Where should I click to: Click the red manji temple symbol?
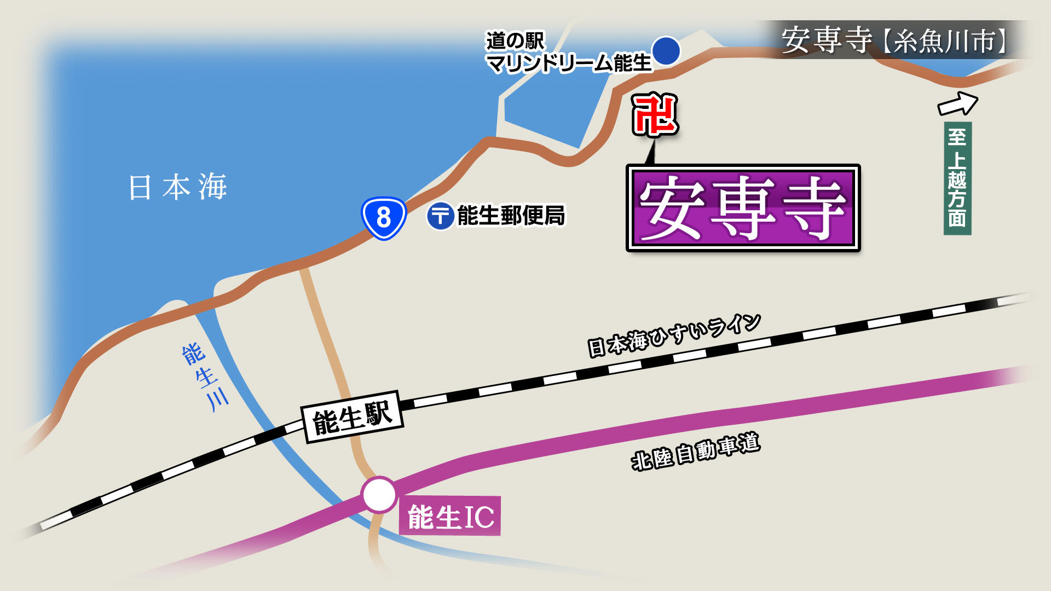655,114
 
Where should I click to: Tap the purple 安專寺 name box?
743,208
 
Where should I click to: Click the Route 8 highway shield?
384,218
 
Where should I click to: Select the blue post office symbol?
440,216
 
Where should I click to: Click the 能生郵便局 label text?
511,216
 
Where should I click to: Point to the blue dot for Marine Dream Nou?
666,51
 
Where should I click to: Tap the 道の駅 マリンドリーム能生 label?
568,52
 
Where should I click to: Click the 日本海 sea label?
178,187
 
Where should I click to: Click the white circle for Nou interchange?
379,495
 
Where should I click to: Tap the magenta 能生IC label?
450,516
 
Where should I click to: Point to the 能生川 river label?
205,376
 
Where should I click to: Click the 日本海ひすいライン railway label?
674,335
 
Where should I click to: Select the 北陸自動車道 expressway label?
695,452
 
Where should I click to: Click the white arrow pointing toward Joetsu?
958,103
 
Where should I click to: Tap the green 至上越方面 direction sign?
957,178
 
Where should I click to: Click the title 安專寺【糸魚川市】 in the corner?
894,40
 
